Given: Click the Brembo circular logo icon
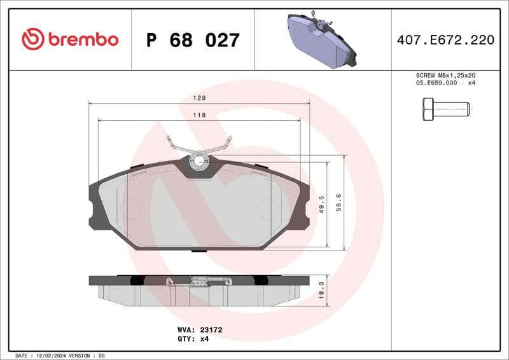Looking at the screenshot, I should (x=33, y=39).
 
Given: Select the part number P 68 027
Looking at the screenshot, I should (x=193, y=40).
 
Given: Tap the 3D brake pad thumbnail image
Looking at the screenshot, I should (x=322, y=39).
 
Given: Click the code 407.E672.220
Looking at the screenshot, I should (x=445, y=40).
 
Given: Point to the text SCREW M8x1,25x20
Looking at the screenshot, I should (x=445, y=75).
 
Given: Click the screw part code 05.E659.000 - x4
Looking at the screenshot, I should (x=445, y=83).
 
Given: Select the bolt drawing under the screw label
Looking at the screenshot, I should (x=445, y=109).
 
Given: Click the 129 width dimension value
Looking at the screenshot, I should (x=199, y=99).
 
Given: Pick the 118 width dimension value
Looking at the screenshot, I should (x=199, y=115).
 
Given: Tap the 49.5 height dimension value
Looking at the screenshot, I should (x=322, y=204).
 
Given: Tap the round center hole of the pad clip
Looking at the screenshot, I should (x=199, y=161).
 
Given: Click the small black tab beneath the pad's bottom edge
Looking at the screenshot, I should (x=199, y=250).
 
